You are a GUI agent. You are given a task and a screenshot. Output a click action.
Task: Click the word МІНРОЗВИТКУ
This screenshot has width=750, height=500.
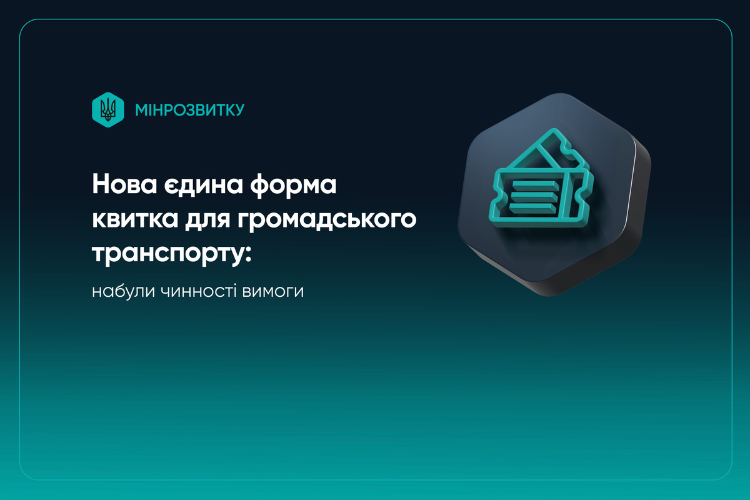(189, 110)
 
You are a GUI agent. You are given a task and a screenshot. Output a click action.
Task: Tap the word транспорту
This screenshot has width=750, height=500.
(166, 254)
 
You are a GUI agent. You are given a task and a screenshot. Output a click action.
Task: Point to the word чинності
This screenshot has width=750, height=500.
(190, 292)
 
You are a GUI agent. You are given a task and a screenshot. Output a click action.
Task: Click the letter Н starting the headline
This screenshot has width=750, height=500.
(101, 186)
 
